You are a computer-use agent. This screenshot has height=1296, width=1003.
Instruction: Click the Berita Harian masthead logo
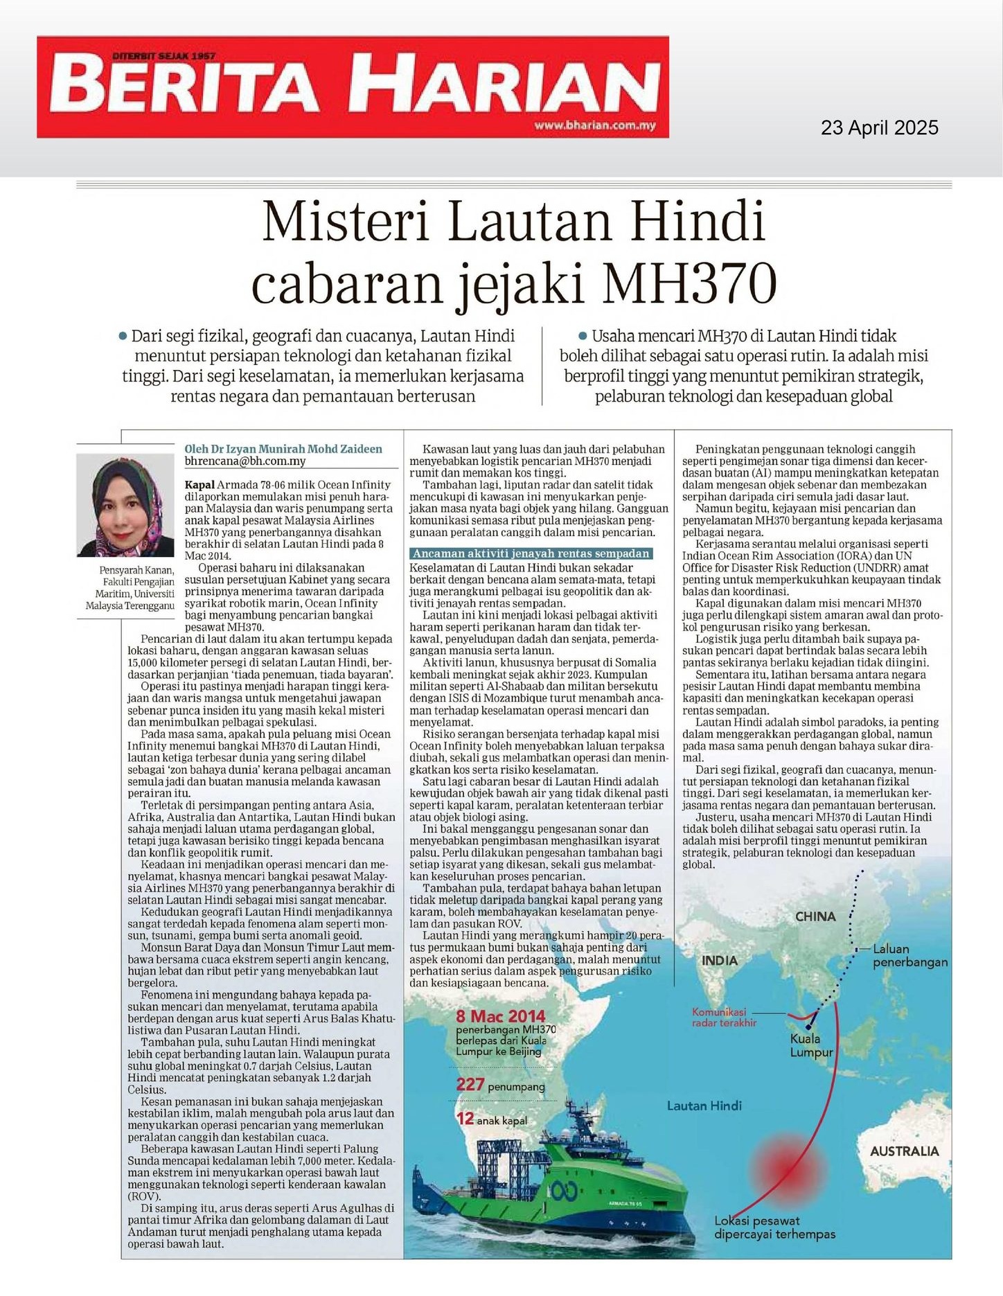[x=353, y=87]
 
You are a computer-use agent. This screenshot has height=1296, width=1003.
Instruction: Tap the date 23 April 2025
[x=879, y=128]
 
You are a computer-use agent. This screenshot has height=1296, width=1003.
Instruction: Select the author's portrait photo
[x=125, y=504]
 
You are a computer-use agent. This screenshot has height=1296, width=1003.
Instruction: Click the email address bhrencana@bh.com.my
[x=245, y=461]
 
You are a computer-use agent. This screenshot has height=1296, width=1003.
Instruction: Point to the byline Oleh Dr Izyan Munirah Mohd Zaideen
[x=283, y=449]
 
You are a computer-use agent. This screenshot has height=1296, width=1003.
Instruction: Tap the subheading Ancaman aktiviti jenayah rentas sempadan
[x=531, y=553]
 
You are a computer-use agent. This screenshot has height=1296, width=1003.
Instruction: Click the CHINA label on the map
[x=815, y=916]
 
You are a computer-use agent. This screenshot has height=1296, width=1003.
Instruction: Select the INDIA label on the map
[x=719, y=961]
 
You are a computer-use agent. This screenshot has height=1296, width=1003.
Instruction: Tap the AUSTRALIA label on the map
[x=904, y=1151]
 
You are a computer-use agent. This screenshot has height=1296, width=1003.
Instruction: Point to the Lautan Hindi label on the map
[x=704, y=1106]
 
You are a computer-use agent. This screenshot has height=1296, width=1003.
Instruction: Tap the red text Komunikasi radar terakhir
[x=724, y=1017]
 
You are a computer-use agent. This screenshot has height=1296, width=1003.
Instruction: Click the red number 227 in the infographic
[x=470, y=1084]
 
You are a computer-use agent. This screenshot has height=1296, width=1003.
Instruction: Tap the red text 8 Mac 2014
[x=500, y=1016]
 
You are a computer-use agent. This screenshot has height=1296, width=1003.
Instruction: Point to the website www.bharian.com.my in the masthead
[x=594, y=125]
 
